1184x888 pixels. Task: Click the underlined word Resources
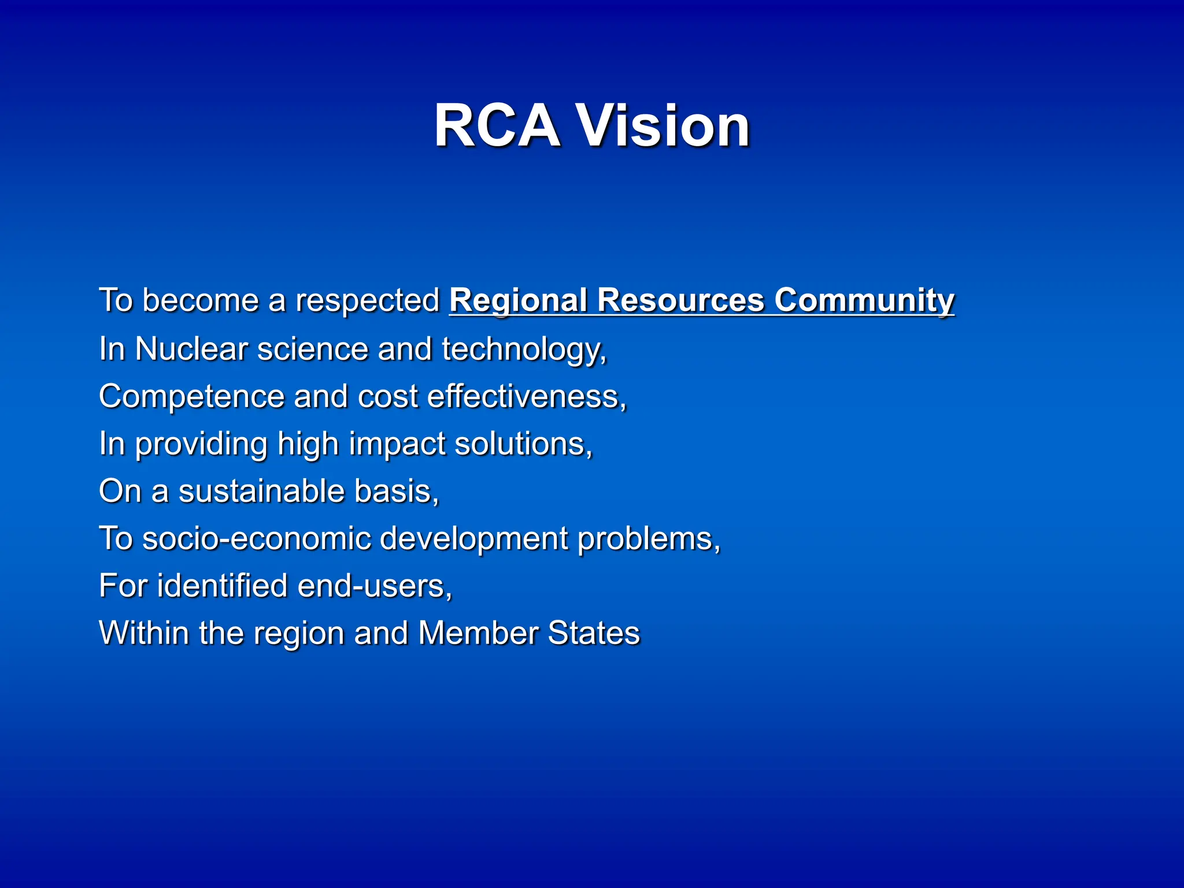point(680,301)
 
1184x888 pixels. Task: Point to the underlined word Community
point(864,301)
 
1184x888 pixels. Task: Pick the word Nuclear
point(191,349)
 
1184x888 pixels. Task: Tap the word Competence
point(191,397)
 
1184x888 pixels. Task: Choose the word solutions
point(523,444)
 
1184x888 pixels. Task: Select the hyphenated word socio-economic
point(257,539)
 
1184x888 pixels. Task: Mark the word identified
point(223,586)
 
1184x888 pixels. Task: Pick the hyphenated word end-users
point(375,586)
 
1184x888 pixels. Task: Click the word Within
point(144,633)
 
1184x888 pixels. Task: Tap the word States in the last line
point(594,633)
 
